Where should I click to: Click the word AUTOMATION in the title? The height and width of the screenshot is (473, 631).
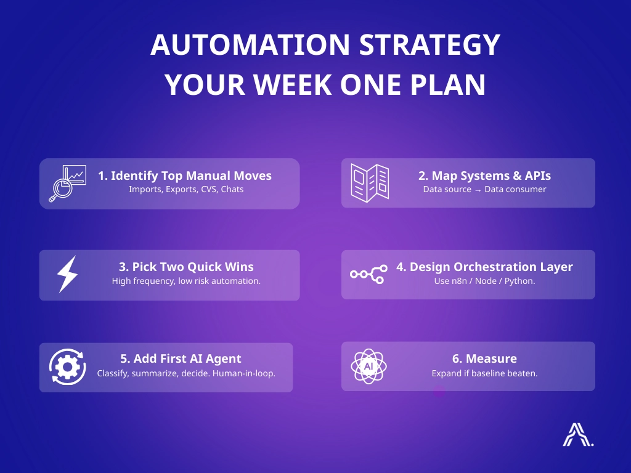pyautogui.click(x=250, y=44)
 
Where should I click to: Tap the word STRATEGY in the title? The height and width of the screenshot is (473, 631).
pyautogui.click(x=429, y=44)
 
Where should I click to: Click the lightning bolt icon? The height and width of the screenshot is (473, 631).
pyautogui.click(x=67, y=274)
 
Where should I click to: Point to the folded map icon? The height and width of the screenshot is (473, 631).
pyautogui.click(x=370, y=182)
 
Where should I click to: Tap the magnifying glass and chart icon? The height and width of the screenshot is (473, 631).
pyautogui.click(x=67, y=184)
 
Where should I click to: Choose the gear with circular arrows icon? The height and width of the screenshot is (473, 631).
pyautogui.click(x=67, y=367)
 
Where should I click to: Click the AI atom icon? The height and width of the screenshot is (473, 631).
pyautogui.click(x=368, y=366)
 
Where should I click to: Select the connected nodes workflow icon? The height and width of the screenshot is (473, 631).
pyautogui.click(x=368, y=274)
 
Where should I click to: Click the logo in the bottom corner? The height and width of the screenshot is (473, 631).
pyautogui.click(x=578, y=434)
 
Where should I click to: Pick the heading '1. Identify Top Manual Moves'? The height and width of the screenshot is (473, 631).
pyautogui.click(x=185, y=176)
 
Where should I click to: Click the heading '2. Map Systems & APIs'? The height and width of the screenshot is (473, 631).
pyautogui.click(x=484, y=176)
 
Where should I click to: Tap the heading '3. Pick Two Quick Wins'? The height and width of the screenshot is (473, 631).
pyautogui.click(x=186, y=267)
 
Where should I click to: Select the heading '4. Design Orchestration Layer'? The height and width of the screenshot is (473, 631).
pyautogui.click(x=484, y=267)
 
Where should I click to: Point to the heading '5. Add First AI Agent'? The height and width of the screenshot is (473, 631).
pyautogui.click(x=181, y=358)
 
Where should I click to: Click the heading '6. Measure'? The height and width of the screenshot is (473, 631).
pyautogui.click(x=484, y=358)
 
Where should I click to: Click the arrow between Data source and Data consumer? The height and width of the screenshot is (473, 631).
pyautogui.click(x=478, y=190)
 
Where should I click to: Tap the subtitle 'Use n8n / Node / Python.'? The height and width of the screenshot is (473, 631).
pyautogui.click(x=484, y=281)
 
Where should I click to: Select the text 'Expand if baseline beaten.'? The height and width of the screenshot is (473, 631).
pyautogui.click(x=484, y=373)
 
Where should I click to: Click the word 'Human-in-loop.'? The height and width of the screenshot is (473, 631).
pyautogui.click(x=244, y=373)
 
